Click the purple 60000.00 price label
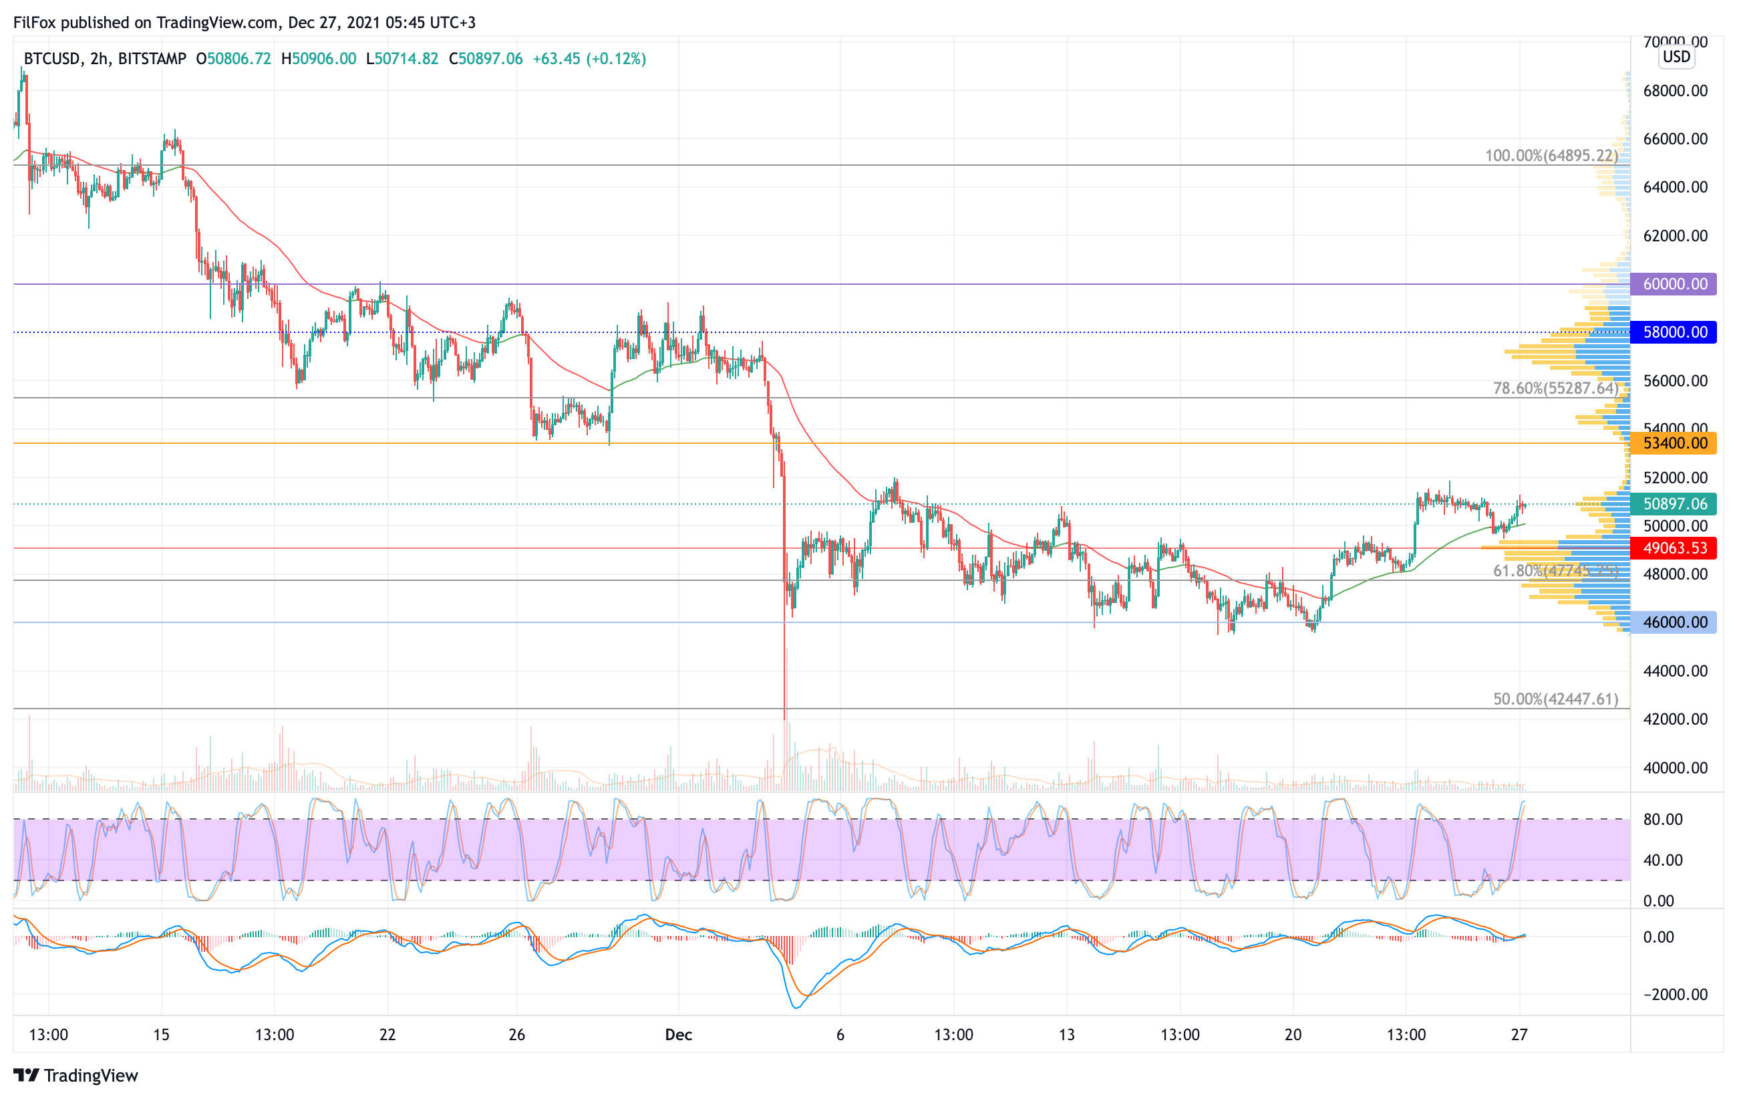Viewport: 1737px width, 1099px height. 1674,283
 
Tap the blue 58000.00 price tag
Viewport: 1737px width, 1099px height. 1674,332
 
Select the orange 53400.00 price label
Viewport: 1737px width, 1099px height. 1674,443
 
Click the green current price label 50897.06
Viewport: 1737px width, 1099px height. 1674,503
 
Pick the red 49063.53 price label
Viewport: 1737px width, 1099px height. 1674,547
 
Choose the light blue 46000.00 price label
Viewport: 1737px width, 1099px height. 1674,622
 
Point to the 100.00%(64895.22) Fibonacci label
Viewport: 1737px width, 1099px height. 1551,156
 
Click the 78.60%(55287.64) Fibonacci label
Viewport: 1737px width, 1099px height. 1555,388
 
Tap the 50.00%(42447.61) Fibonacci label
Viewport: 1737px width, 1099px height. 1555,699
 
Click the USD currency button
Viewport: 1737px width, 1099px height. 1676,56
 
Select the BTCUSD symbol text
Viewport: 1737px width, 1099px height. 52,58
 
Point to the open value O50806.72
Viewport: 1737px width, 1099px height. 234,58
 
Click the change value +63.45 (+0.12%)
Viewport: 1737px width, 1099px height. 589,58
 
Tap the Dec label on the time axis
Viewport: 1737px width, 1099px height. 678,1035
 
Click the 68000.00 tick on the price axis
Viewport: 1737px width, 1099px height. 1675,91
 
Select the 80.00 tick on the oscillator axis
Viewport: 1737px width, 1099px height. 1663,819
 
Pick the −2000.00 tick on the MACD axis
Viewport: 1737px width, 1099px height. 1675,994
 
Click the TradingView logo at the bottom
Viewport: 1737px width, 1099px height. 75,1075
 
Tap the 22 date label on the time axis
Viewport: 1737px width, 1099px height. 387,1035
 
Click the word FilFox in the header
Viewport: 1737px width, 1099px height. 35,22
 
